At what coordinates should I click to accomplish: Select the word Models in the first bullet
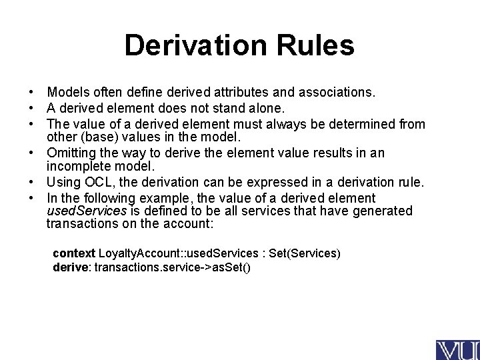(x=64, y=91)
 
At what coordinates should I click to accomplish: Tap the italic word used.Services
(x=86, y=211)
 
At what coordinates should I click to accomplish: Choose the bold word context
(x=74, y=254)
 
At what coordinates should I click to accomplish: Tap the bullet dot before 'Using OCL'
(x=31, y=183)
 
